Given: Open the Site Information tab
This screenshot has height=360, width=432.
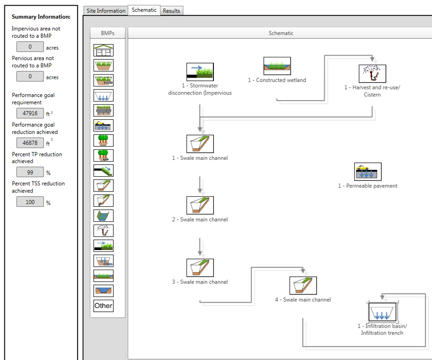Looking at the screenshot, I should point(106,10).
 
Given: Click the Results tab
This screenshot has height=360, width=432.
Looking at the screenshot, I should point(171,10).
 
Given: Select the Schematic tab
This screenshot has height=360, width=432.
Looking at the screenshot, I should point(144,10).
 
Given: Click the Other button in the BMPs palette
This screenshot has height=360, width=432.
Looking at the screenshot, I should point(103,306).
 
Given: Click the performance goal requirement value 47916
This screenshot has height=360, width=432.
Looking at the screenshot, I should point(30,113).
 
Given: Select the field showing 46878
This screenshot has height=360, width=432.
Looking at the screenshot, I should point(30,142).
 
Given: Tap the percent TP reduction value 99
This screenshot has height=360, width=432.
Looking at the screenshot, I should point(30,172).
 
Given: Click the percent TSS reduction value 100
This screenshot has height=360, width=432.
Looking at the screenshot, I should point(30,201).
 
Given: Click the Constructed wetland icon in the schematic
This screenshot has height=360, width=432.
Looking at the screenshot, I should point(277,66).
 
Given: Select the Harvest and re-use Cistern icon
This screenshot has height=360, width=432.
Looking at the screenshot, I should point(372,73).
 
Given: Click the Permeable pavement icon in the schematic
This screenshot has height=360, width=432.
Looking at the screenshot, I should point(368,172).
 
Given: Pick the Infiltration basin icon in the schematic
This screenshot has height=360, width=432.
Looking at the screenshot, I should point(382,312).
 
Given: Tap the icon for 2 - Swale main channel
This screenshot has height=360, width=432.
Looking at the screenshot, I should point(200,205).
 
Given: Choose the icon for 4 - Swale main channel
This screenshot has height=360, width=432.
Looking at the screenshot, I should point(303,286).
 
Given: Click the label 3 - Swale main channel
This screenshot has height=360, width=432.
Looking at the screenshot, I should point(200,282).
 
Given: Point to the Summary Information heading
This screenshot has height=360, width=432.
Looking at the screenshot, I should point(41,17).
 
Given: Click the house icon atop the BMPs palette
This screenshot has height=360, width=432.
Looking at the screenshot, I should point(103,50).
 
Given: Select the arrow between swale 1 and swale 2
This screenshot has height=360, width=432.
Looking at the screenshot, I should point(200,184).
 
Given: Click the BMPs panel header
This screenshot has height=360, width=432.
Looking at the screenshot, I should point(107,33).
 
